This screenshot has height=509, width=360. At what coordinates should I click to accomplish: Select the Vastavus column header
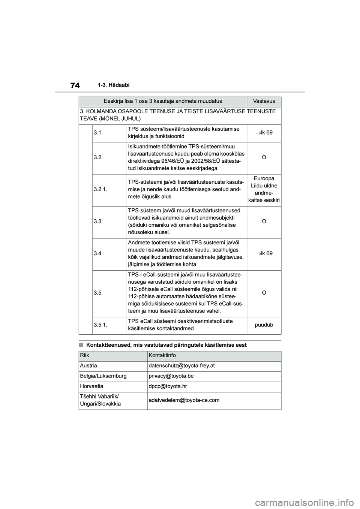click(x=264, y=101)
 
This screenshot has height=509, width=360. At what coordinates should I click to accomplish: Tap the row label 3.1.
click(x=98, y=133)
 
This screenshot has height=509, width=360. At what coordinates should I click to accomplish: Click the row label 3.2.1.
click(x=101, y=189)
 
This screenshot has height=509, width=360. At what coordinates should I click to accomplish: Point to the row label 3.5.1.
click(x=101, y=325)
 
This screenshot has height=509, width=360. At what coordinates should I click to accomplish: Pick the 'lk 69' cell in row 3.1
click(x=264, y=133)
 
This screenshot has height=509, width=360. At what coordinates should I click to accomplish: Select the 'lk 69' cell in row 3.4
click(x=264, y=254)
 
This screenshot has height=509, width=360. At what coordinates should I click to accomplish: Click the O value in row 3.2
click(x=264, y=157)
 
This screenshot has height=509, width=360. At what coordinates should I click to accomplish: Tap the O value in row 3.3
click(x=264, y=222)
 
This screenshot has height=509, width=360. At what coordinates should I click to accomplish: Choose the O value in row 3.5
click(x=264, y=292)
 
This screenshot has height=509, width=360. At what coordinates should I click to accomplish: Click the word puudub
click(x=264, y=325)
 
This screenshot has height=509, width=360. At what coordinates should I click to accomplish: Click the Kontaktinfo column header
click(x=162, y=355)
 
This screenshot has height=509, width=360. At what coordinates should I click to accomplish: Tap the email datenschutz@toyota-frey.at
click(x=181, y=366)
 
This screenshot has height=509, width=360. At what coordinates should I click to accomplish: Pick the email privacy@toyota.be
click(x=171, y=376)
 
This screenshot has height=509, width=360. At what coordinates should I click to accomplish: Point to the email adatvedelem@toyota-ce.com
click(x=184, y=400)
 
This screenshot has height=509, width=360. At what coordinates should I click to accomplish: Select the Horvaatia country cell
click(x=91, y=386)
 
